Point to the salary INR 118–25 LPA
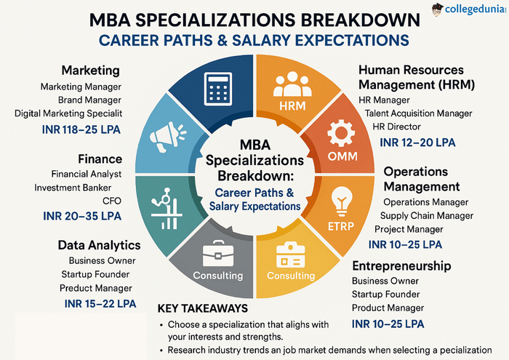[x=79, y=131]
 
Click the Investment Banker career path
[x=79, y=188]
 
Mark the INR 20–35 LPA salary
[x=81, y=217]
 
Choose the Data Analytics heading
[x=100, y=245]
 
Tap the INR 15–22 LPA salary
[x=100, y=303]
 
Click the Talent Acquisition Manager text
[x=419, y=113]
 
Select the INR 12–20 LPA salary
[x=417, y=143]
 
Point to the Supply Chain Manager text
[x=427, y=215]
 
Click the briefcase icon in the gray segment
[x=217, y=252]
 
